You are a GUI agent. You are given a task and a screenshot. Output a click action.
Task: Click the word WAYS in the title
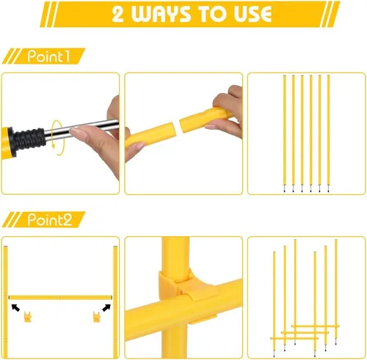coord(161,14)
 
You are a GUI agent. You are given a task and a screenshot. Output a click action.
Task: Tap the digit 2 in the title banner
coord(117,14)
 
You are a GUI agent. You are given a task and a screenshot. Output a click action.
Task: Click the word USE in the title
coord(252,14)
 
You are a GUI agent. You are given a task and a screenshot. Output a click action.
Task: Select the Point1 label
coord(48,56)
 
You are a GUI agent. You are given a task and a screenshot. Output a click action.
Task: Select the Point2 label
coord(50,219)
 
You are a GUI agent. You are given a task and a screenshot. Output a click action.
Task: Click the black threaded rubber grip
coord(28,139)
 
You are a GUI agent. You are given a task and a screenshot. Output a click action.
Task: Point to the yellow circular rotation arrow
coord(57,138)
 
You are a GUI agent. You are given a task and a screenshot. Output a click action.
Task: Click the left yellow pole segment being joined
coord(150,136)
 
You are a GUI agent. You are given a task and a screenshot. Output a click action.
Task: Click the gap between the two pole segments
coord(178,127)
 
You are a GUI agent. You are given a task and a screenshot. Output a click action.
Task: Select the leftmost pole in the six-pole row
coord(284,133)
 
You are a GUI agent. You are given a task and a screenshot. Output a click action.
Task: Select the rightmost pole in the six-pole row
coord(328,133)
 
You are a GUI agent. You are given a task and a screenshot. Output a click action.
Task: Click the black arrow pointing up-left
coord(15,307)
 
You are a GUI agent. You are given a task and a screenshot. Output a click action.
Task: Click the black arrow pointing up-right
coord(106,308)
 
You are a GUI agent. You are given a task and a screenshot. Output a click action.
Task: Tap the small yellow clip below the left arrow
coord(28,317)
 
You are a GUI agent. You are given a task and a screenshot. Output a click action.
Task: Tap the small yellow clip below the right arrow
coord(97,317)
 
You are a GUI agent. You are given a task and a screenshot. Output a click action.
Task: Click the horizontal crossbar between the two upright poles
coord(60,298)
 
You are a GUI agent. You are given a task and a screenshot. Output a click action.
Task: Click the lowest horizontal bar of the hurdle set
coord(294,339)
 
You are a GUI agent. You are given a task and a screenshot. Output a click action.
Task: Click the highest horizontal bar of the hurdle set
coord(315,326)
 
